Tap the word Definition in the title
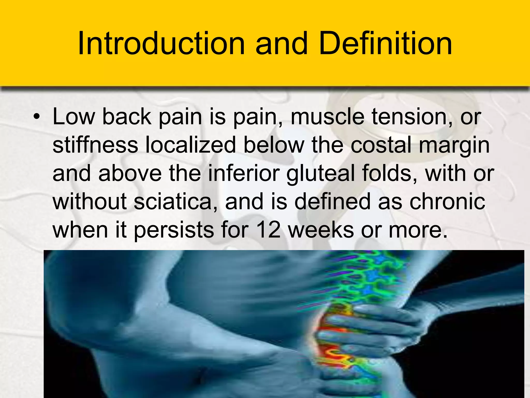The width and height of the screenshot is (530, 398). point(386,44)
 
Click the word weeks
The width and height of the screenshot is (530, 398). point(321,230)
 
